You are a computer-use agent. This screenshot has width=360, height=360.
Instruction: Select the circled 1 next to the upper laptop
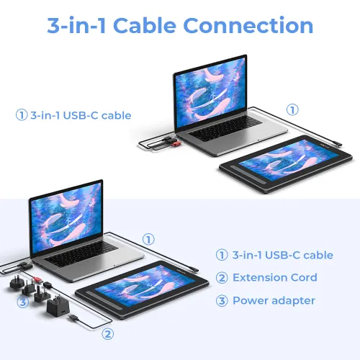pyautogui.click(x=292, y=110)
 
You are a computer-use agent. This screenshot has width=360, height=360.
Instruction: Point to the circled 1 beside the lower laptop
pyautogui.click(x=148, y=239)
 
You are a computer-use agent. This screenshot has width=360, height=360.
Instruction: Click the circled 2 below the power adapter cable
pyautogui.click(x=108, y=333)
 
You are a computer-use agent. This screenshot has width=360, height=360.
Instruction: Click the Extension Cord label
pyautogui.click(x=275, y=278)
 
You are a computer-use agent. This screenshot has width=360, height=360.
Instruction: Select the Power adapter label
pyautogui.click(x=274, y=300)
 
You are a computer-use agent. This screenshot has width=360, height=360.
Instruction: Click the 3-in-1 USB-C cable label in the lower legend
pyautogui.click(x=282, y=255)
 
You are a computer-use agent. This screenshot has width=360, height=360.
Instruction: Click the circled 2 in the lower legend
pyautogui.click(x=222, y=278)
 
